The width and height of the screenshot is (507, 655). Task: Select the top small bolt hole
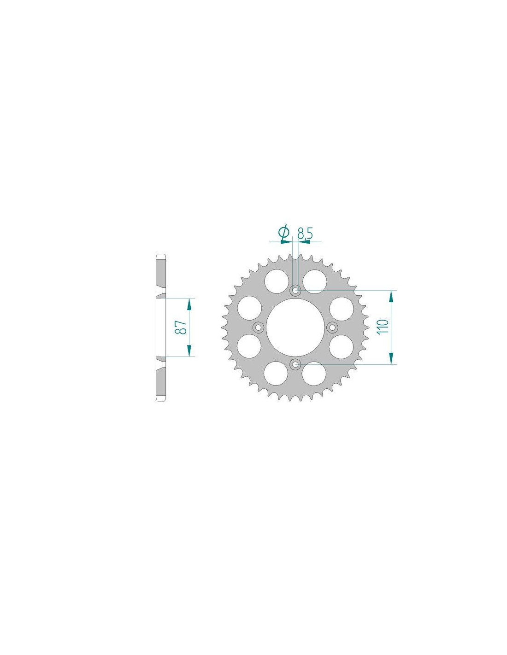click(295, 291)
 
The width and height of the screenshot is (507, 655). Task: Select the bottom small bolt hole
click(295, 365)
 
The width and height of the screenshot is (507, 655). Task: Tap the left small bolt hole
click(258, 327)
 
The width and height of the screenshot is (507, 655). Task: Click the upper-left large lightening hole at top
click(276, 281)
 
